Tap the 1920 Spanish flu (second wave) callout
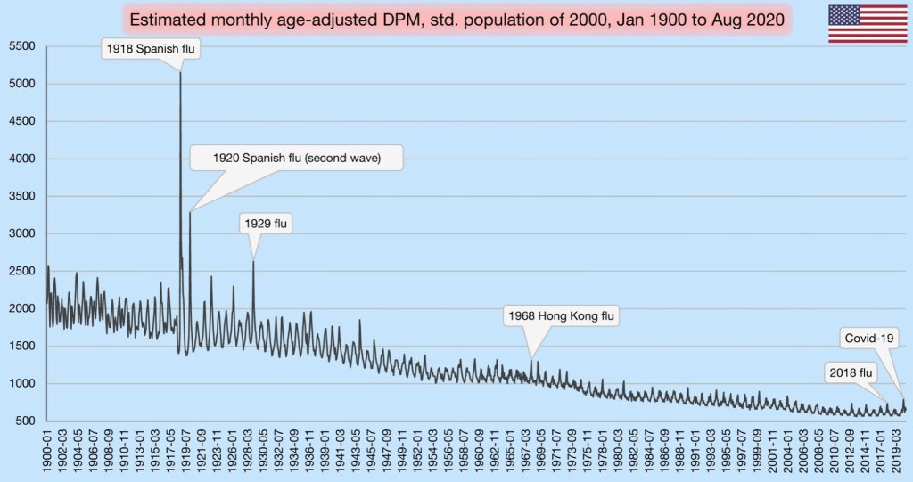[x=297, y=159]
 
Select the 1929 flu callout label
[x=267, y=223]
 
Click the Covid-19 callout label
[x=869, y=338]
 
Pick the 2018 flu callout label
[x=850, y=373]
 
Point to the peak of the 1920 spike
[x=190, y=212]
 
